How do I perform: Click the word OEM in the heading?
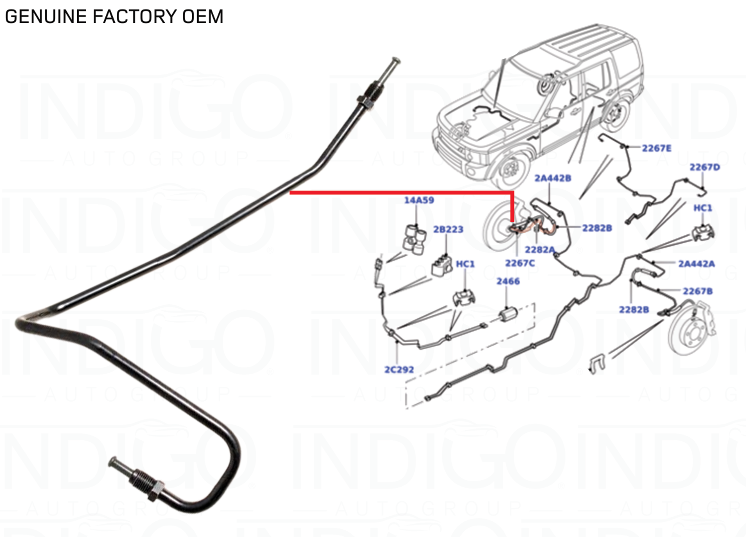pos(202,16)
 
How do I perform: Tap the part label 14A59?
pos(419,200)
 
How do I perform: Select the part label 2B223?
pos(448,229)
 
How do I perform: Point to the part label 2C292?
pos(399,370)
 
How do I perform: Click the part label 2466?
pos(508,281)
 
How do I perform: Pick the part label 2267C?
pos(519,263)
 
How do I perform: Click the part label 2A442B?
pos(552,178)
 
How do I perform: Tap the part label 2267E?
pos(656,148)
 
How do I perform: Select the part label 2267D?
pos(704,167)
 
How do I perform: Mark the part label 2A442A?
pos(696,263)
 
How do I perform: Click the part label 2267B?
pos(697,291)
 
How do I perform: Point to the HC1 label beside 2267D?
pos(702,208)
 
